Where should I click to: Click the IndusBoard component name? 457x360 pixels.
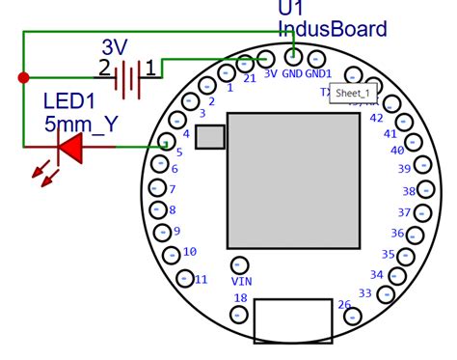click(x=332, y=29)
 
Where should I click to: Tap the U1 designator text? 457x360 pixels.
click(x=292, y=8)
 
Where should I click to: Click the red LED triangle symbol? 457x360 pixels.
click(x=70, y=147)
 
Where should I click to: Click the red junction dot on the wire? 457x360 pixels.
click(x=23, y=76)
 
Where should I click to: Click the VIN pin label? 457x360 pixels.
click(x=241, y=281)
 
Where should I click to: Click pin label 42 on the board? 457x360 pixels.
click(x=377, y=118)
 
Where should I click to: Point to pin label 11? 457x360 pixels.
click(x=201, y=279)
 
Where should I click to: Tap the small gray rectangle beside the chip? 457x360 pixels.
click(x=209, y=137)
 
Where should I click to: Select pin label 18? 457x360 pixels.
click(x=240, y=298)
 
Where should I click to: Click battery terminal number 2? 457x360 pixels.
click(x=103, y=68)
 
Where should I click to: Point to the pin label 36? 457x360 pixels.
click(x=397, y=233)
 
